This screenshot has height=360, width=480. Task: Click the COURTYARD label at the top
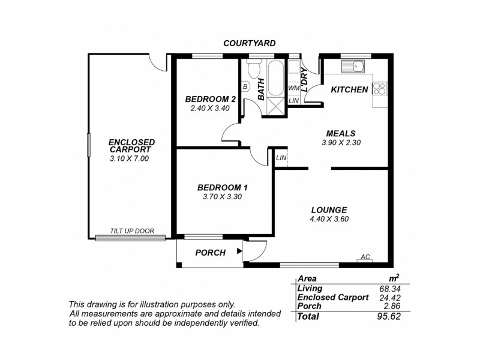249,43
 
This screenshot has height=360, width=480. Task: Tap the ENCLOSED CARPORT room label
131,146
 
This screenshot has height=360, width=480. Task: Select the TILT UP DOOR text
132,231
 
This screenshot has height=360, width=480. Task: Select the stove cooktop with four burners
379,89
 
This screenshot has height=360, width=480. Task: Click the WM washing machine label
293,88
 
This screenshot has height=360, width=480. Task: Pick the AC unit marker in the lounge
364,257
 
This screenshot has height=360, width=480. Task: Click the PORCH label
211,253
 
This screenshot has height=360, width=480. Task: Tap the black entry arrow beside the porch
239,252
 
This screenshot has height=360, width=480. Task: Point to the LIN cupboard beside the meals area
281,158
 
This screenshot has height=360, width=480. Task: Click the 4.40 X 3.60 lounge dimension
329,219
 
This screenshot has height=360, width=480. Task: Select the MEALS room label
341,133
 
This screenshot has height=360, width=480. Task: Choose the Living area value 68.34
389,289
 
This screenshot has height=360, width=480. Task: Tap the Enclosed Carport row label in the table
332,297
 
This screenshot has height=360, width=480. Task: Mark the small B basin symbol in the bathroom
245,86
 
